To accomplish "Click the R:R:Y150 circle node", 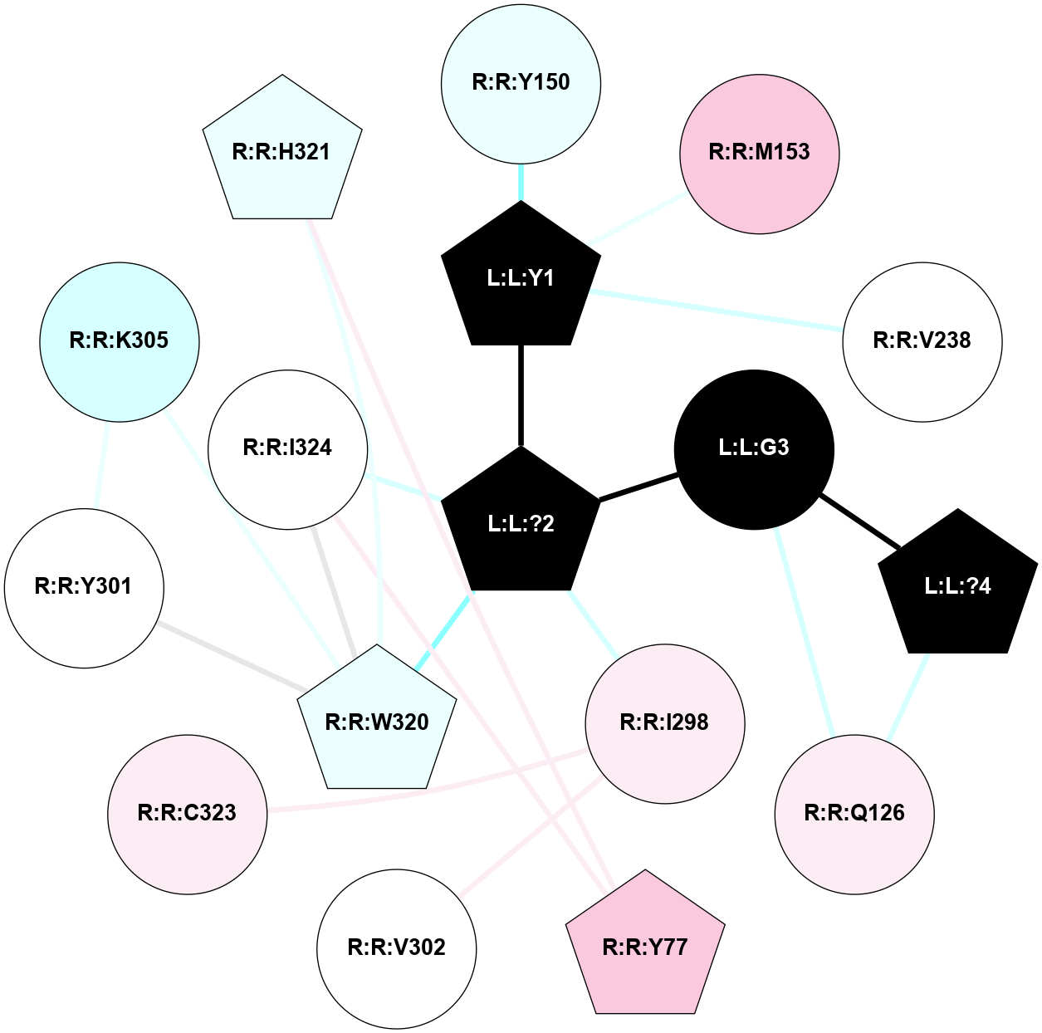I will pos(521,83).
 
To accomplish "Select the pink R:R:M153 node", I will pos(759,154).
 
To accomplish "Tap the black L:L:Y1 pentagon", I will pos(521,278).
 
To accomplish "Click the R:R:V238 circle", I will pos(922,341).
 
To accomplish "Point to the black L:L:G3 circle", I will pos(754,448).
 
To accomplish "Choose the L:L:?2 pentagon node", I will pos(521,523).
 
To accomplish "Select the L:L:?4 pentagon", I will pos(957,586).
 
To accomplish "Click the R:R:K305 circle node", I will pos(120,341).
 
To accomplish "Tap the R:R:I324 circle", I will pos(287,448).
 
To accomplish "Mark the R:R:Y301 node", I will pos(84,587).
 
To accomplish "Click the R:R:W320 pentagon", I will pos(377,722).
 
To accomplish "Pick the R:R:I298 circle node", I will pos(664,723).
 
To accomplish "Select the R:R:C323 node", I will pos(187,813).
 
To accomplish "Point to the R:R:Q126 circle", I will pos(854,813).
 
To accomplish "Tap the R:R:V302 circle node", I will pos(396,947).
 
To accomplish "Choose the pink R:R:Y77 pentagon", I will pos(645,947).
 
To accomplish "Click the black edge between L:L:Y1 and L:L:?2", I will pos(521,395).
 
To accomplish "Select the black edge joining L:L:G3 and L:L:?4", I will pos(859,522).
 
